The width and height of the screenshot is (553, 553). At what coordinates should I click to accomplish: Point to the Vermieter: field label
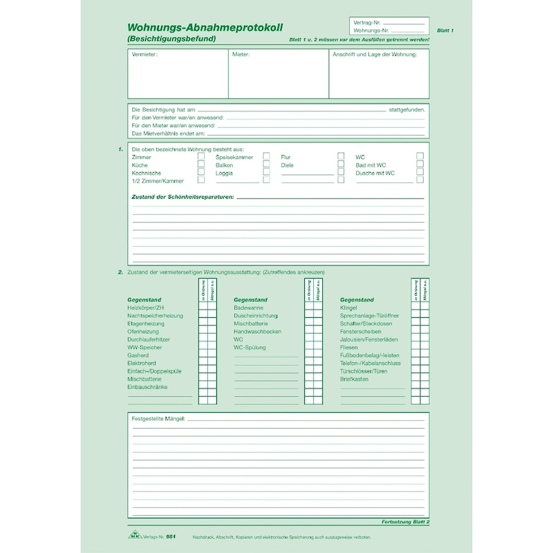tap(144, 54)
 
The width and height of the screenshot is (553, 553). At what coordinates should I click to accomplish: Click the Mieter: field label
tap(241, 54)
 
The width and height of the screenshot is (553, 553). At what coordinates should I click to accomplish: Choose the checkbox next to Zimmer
tap(201, 157)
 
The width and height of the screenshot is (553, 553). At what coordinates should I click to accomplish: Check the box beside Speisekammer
tap(266, 157)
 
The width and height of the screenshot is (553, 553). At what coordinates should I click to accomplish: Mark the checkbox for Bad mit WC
tap(420, 165)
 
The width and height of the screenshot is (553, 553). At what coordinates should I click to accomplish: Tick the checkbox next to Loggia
tap(266, 174)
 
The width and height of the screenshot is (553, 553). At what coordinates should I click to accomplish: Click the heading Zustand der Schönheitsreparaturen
tap(182, 197)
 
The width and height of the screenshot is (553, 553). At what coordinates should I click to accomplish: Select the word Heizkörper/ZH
tap(146, 307)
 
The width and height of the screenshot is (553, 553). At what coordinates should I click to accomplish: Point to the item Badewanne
tap(248, 307)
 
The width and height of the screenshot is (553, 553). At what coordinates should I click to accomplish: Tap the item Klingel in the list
tap(349, 307)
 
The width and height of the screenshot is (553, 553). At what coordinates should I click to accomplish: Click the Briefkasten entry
tap(354, 379)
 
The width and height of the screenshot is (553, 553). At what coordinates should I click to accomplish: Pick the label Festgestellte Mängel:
tap(158, 419)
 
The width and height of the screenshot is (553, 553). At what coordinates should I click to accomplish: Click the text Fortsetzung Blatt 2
tap(405, 522)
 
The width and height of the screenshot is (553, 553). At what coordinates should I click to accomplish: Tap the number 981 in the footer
tap(162, 537)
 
